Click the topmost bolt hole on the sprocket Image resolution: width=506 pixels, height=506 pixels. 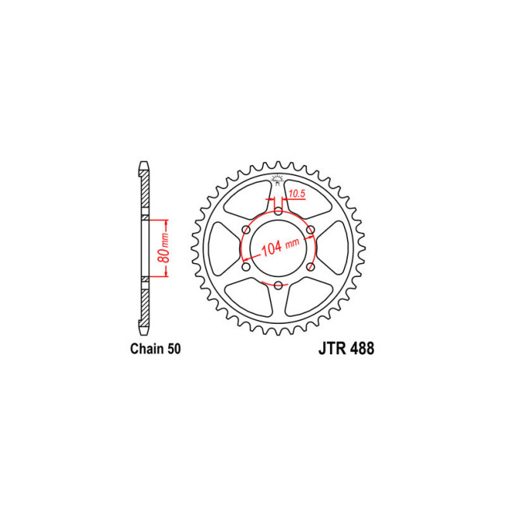coord(278,211)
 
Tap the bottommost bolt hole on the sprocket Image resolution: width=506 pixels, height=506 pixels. coord(278,286)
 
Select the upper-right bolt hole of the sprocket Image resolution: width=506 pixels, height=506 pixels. coord(311,230)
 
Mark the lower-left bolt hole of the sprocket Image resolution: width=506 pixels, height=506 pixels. coord(246,267)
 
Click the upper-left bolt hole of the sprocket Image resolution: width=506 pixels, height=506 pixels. coord(246,230)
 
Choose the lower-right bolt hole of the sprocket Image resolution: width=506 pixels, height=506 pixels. coord(311,267)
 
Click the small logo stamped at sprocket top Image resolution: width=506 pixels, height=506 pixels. coord(278,182)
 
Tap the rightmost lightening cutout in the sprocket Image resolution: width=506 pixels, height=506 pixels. coord(332,248)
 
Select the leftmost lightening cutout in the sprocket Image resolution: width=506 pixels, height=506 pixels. coord(223,248)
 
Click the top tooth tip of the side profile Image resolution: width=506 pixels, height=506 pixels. coord(143,165)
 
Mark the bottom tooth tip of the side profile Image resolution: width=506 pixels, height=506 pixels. coord(143,328)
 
